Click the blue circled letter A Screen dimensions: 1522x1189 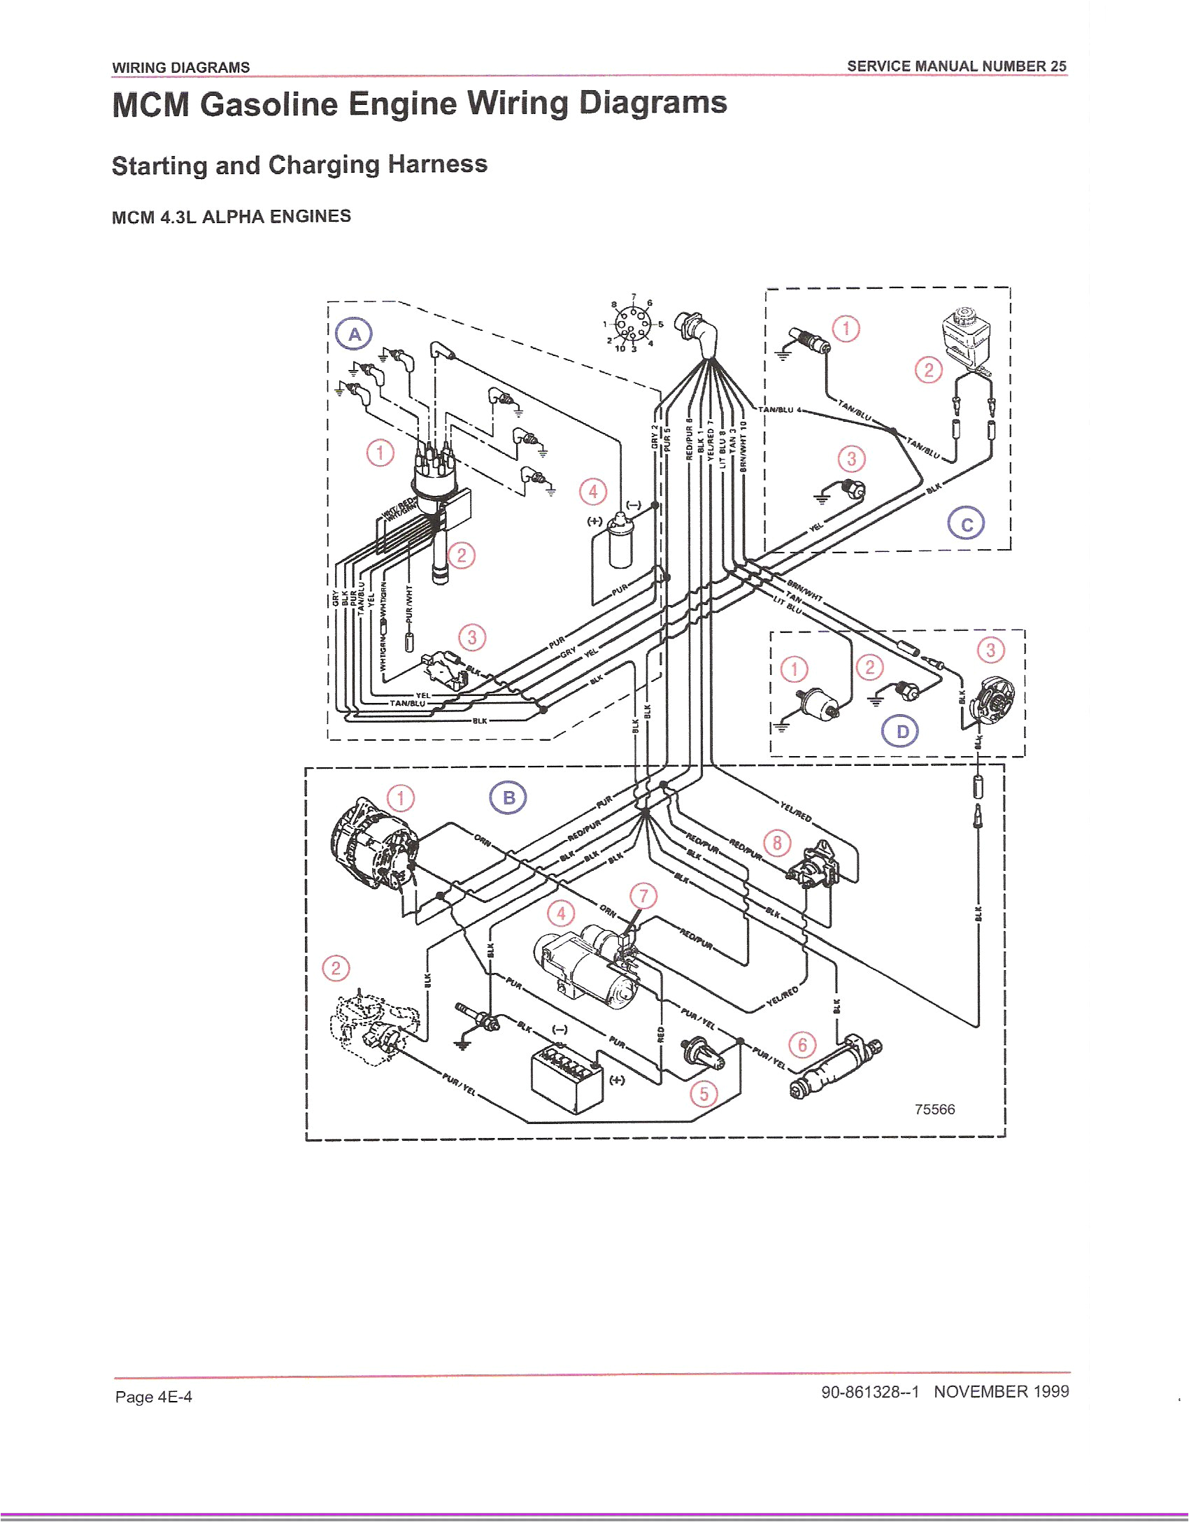pyautogui.click(x=355, y=334)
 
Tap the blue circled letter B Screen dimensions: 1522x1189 pyautogui.click(x=508, y=798)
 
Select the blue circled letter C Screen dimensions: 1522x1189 pyautogui.click(x=967, y=525)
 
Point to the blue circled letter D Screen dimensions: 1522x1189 pyautogui.click(x=902, y=732)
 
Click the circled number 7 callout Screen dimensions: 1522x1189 pyautogui.click(x=643, y=896)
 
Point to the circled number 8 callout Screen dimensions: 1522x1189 pyautogui.click(x=777, y=843)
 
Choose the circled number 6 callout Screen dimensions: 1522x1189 pyautogui.click(x=802, y=1045)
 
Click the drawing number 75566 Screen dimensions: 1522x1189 pyautogui.click(x=934, y=1109)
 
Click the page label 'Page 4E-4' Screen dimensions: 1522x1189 pyautogui.click(x=154, y=1397)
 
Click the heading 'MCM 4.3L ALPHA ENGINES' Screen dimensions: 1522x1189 pyautogui.click(x=232, y=216)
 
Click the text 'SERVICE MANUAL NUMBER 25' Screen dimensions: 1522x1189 pyautogui.click(x=956, y=66)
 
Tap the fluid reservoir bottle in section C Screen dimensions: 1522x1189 pyautogui.click(x=964, y=336)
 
